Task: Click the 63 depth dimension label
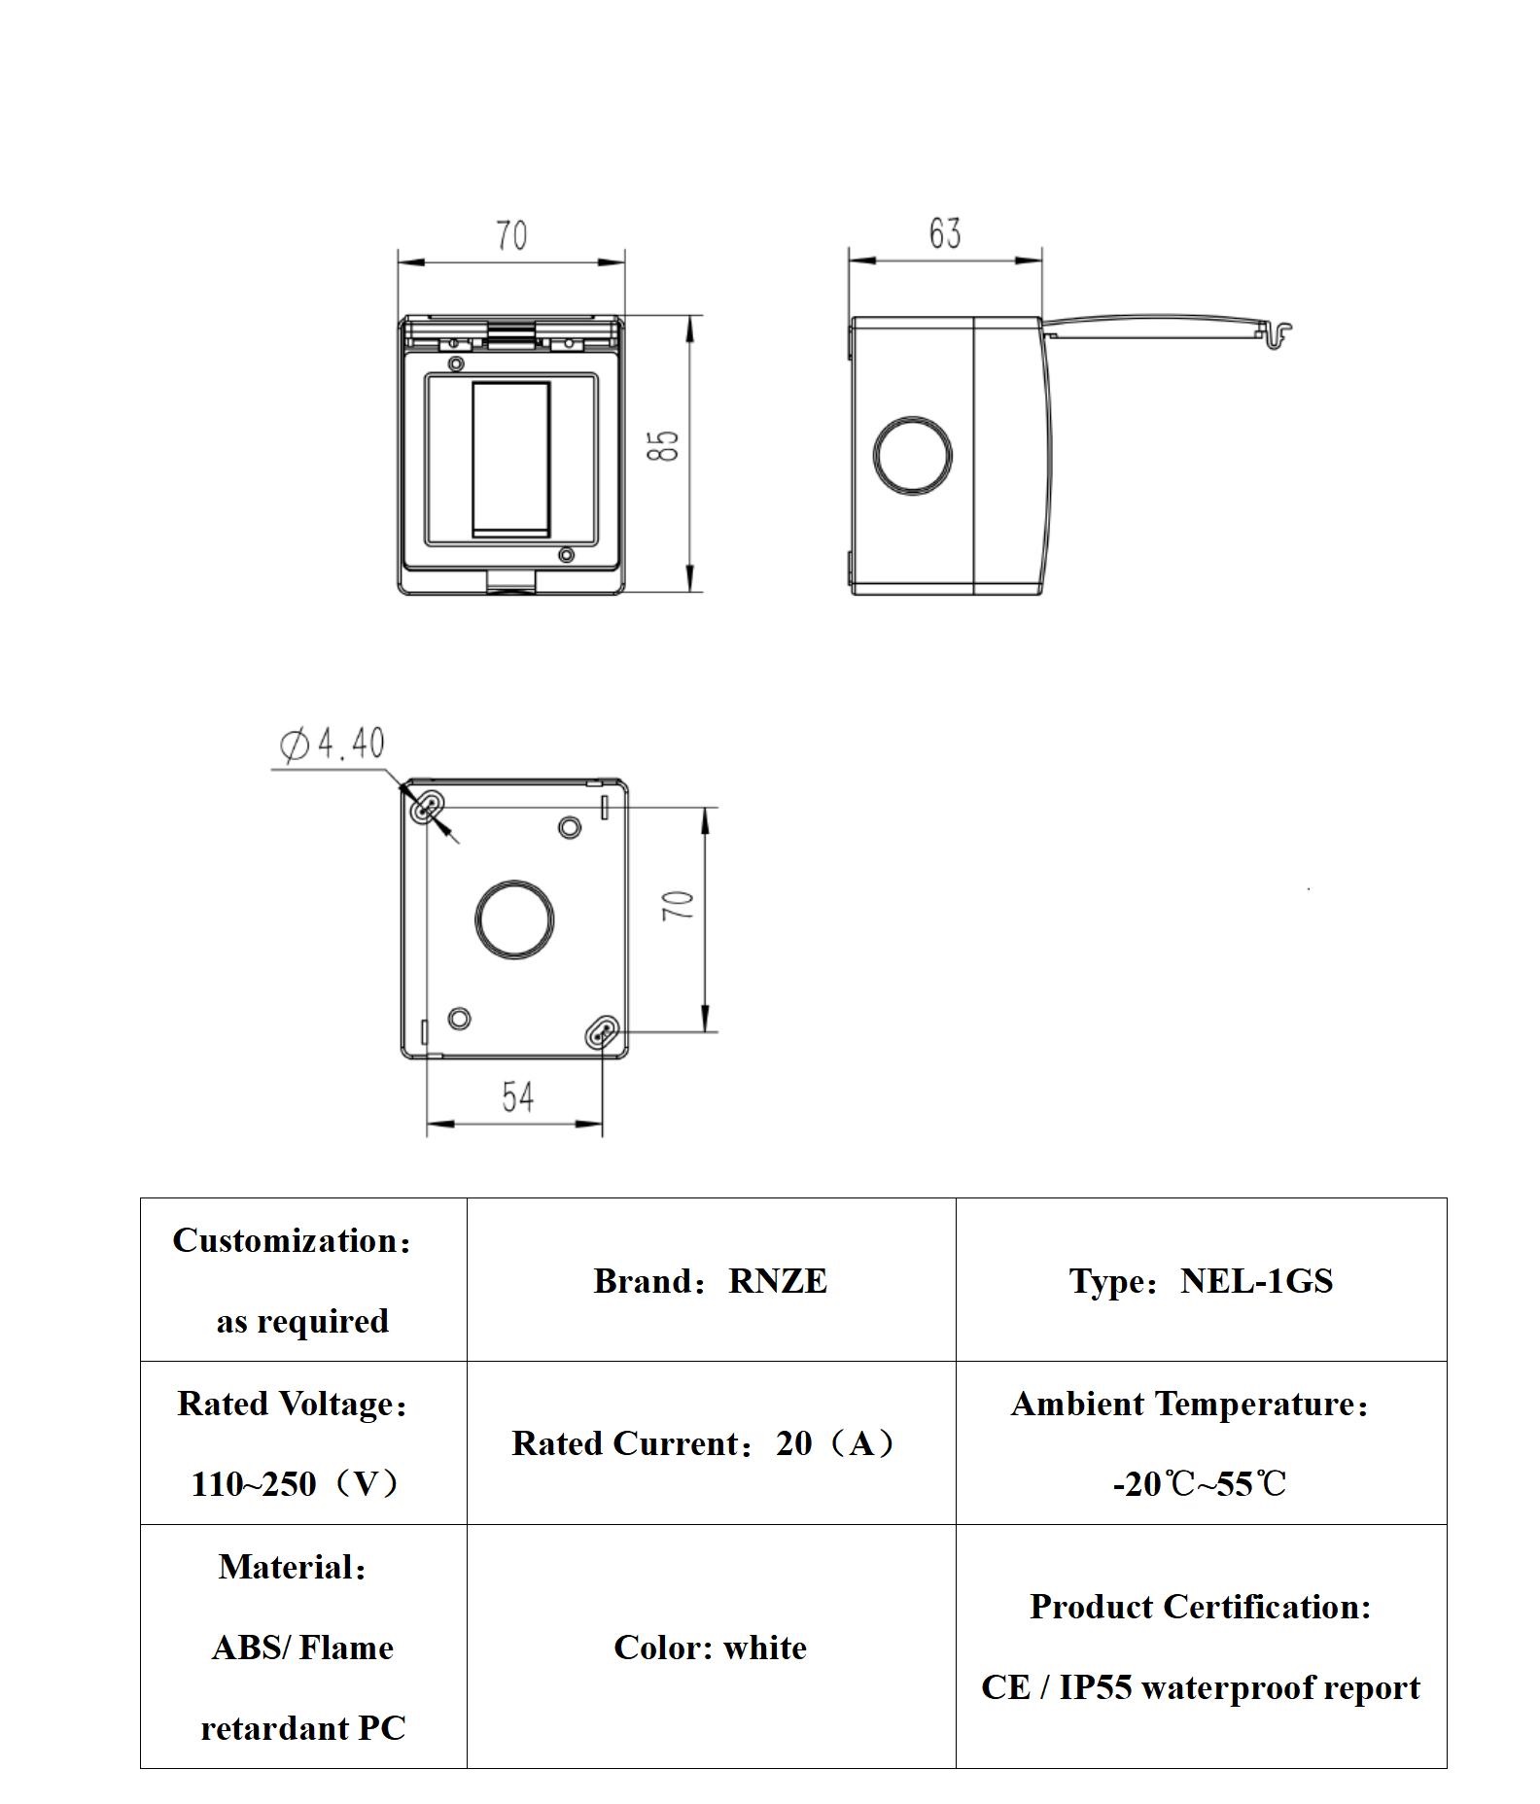944,233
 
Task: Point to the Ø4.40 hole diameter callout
332,744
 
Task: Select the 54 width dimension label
517,1096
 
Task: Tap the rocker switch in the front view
510,459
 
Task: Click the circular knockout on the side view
912,455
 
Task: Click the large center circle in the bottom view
514,919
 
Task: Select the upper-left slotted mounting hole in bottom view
428,807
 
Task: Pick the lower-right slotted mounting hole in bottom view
602,1032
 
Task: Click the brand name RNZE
778,1281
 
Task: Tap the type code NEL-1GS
1256,1281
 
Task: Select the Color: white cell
710,1648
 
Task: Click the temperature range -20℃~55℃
1200,1484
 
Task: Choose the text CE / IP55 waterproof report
1200,1687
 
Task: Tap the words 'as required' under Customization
302,1321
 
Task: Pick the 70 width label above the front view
511,235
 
